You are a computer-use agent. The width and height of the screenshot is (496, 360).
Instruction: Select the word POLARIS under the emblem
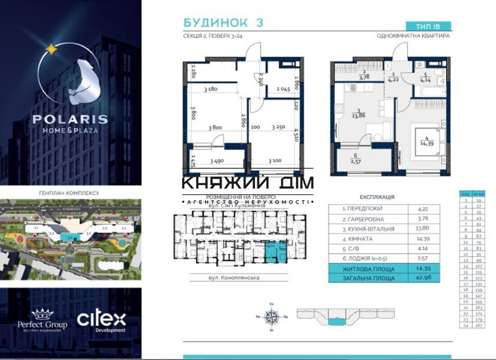point(70,120)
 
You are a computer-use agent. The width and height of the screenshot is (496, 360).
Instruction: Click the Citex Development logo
point(101,321)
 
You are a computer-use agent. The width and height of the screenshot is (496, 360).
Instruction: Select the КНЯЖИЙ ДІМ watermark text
point(248,183)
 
